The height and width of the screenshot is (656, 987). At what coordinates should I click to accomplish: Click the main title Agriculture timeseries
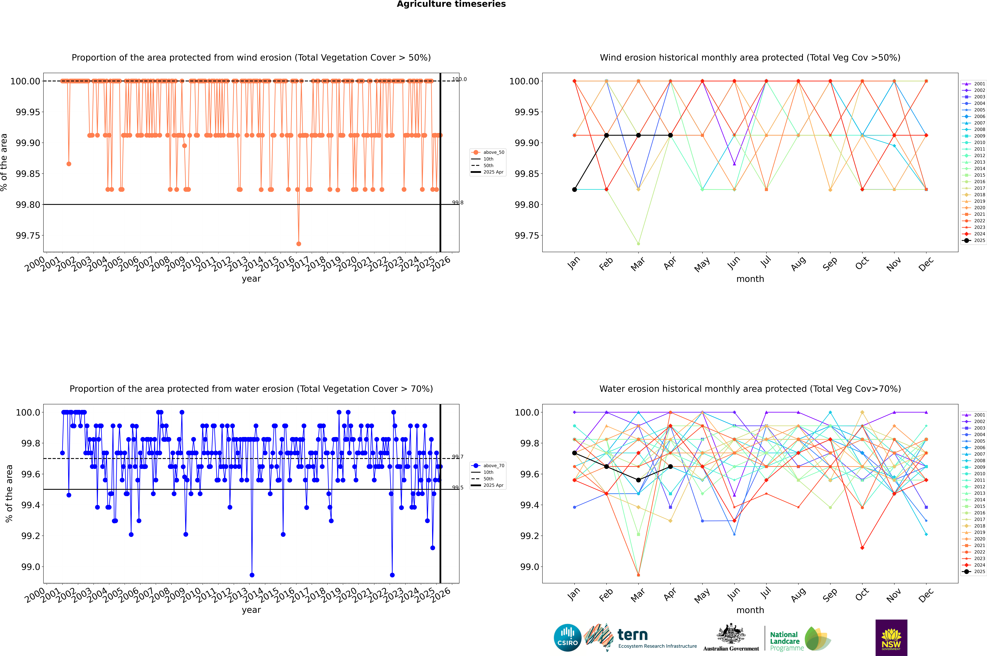point(451,4)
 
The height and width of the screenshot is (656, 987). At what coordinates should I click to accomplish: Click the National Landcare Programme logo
point(800,639)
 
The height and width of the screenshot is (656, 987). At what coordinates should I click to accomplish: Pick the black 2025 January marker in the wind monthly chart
point(574,189)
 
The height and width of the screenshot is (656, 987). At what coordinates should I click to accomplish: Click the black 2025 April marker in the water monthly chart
point(670,467)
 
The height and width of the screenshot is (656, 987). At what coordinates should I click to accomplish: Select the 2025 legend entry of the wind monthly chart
point(975,241)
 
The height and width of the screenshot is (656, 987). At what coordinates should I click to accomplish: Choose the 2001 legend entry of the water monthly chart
point(975,415)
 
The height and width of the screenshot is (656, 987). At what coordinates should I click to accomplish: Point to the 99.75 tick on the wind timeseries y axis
point(28,236)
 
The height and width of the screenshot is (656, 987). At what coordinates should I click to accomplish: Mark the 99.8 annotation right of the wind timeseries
point(458,202)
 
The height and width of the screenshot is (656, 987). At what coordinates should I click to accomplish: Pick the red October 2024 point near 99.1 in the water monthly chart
point(862,548)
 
